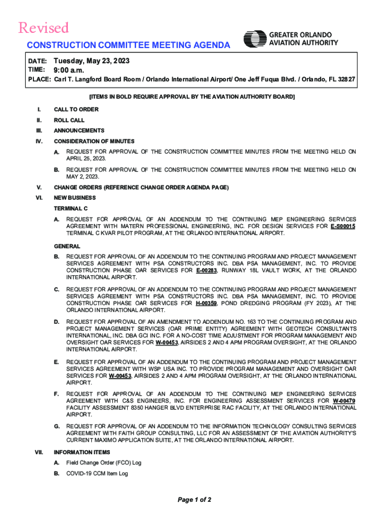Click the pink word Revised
(x=44, y=28)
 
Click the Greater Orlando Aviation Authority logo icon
(x=255, y=39)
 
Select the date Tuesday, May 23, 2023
(x=92, y=61)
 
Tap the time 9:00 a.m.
(x=69, y=70)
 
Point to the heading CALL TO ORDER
(x=76, y=109)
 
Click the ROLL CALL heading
(x=69, y=120)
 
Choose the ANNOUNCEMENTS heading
(x=79, y=131)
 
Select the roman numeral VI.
(x=39, y=198)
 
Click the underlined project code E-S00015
(x=343, y=227)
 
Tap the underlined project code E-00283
(x=207, y=271)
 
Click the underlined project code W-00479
(x=344, y=401)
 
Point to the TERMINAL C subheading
(x=71, y=208)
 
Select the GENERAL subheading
(x=67, y=246)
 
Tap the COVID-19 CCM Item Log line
(x=97, y=473)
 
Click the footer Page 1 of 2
(x=194, y=500)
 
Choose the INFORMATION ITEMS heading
(x=82, y=452)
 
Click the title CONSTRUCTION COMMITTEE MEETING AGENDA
(x=129, y=46)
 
